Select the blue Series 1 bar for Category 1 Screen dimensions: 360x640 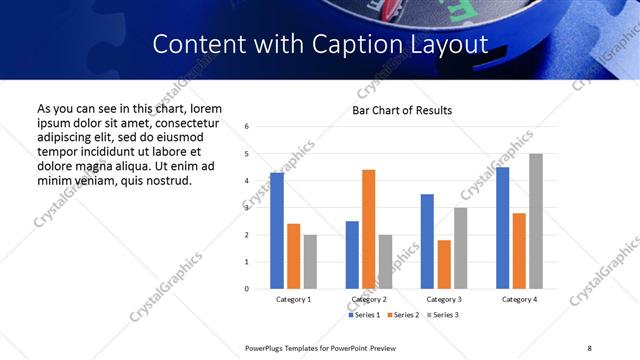click(x=277, y=230)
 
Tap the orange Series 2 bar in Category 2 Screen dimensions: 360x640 click(x=368, y=229)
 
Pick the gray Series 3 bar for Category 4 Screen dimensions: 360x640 click(x=536, y=221)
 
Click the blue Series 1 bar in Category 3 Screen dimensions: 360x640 click(x=427, y=241)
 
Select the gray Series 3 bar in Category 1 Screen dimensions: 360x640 click(x=310, y=262)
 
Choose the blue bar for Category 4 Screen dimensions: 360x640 click(x=502, y=228)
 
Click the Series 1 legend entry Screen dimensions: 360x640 click(x=365, y=315)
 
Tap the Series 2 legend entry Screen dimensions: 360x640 click(x=402, y=315)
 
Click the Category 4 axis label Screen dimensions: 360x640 click(x=519, y=299)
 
